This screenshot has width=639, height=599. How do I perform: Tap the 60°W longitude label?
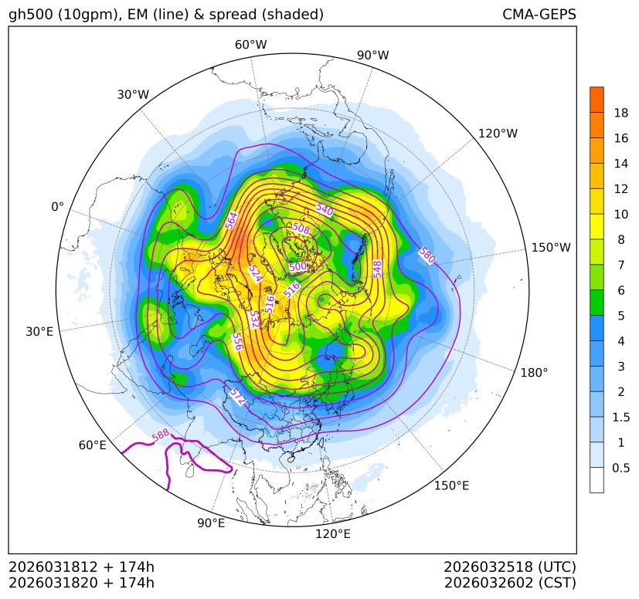tap(251, 45)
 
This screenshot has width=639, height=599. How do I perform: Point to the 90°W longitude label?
tap(373, 55)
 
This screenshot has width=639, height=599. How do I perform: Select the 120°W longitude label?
tap(498, 134)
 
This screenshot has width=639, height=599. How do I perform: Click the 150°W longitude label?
tap(551, 248)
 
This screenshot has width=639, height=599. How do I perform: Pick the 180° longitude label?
tap(534, 372)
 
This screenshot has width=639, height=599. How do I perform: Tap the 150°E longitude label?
tap(452, 486)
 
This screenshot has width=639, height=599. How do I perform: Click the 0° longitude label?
tap(57, 207)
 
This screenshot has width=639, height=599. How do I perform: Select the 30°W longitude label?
tap(133, 94)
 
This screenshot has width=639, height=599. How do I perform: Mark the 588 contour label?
tap(161, 435)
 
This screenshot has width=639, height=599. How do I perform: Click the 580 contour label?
tap(427, 256)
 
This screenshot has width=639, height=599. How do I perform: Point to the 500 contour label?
tap(297, 267)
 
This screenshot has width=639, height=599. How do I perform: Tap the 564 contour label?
tap(231, 220)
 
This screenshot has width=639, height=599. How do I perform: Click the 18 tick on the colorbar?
tap(621, 113)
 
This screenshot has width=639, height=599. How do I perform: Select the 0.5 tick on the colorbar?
tap(621, 468)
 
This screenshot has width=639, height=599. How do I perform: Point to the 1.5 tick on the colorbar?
tap(621, 417)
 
